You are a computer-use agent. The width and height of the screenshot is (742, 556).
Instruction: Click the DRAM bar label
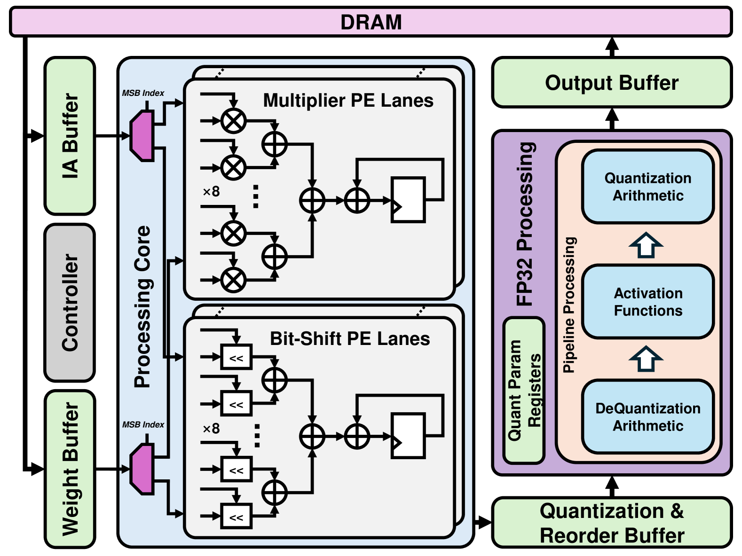coord(371,22)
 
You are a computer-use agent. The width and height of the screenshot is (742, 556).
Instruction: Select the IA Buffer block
coord(70,136)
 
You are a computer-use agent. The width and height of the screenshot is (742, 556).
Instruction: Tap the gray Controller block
coord(70,303)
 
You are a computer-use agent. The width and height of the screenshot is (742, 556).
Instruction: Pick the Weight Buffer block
coord(70,469)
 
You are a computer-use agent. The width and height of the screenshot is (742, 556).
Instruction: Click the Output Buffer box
coord(611,83)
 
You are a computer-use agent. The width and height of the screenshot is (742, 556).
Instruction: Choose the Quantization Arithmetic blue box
coord(647,187)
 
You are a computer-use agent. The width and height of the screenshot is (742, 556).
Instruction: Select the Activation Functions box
coord(647,302)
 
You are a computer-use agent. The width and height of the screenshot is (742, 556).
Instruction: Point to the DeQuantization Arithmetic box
coord(647,417)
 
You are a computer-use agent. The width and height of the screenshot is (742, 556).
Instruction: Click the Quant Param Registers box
coord(524,390)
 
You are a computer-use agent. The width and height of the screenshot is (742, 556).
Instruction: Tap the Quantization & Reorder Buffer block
coord(611,523)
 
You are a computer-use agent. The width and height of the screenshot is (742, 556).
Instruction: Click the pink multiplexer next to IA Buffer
coord(142,136)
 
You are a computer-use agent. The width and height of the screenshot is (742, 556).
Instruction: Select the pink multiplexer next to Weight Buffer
coord(142,469)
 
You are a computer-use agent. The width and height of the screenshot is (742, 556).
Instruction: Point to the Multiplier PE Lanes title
coord(348,101)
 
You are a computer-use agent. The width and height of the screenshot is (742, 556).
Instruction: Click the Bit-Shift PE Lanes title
coord(349,339)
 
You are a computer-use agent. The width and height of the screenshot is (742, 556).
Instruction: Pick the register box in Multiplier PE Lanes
coord(408,200)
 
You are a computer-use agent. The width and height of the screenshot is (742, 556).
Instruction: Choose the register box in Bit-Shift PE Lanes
coord(408,436)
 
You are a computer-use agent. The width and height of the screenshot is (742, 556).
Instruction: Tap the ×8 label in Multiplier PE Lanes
coord(211,192)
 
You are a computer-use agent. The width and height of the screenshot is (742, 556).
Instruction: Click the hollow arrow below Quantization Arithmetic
coord(646,245)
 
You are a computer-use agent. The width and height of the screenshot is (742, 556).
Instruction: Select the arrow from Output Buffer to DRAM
coord(612,47)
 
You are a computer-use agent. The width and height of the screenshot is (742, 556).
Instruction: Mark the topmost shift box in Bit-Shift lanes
coord(237,358)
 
